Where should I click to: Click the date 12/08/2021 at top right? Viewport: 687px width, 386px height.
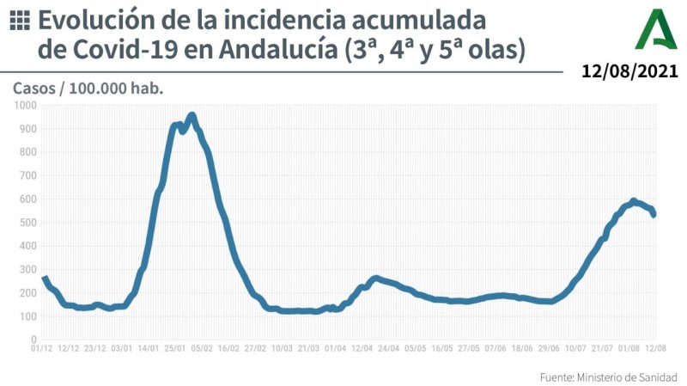coord(630,71)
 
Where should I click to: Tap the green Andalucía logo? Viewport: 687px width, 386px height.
coord(656,30)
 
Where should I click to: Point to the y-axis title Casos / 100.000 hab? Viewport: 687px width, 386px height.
coord(88,88)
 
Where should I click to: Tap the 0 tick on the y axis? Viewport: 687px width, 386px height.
coord(32,340)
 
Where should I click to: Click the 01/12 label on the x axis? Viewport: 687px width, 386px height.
coord(43,348)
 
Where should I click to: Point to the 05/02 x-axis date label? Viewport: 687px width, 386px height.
coord(202,348)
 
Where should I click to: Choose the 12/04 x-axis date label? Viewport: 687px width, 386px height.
coord(362,348)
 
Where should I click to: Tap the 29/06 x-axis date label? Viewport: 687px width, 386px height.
coord(548,348)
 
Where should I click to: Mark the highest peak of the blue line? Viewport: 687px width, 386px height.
coord(192,115)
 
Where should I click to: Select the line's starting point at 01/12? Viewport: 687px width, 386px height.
coord(44,277)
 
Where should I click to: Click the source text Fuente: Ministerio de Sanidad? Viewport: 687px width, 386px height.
coord(608,377)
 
